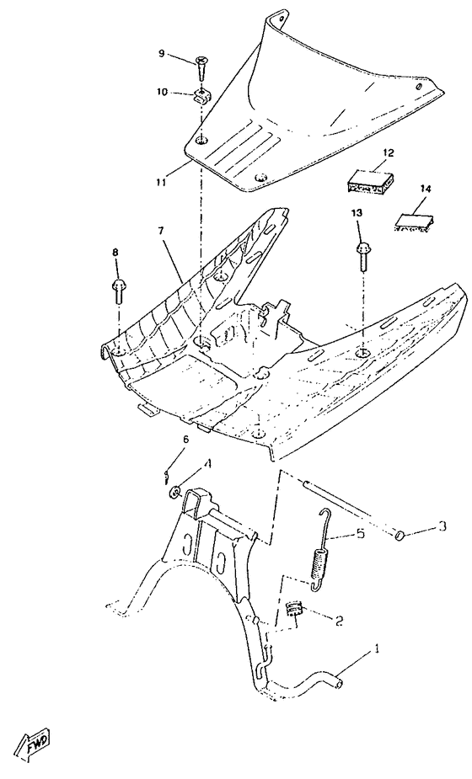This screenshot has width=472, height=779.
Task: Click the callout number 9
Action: tap(162, 55)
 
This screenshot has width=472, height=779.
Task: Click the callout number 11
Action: tap(160, 179)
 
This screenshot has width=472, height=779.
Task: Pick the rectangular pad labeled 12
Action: tap(372, 180)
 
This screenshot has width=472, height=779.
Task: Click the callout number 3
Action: tap(441, 528)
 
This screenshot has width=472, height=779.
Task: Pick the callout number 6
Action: tap(185, 439)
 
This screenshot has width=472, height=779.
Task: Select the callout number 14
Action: tap(425, 189)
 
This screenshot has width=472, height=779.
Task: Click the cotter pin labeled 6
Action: tap(168, 477)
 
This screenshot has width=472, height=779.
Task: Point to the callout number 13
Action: tap(357, 214)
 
